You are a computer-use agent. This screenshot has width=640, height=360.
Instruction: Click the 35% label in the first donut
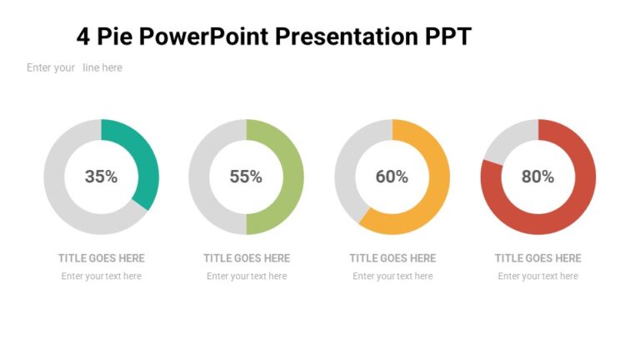point(101,177)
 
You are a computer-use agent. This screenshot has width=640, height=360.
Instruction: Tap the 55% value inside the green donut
point(246,177)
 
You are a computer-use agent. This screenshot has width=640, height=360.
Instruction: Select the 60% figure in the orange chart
point(392,177)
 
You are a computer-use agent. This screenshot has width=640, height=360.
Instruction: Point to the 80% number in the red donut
point(537,177)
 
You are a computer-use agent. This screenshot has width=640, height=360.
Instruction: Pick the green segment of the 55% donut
point(292,177)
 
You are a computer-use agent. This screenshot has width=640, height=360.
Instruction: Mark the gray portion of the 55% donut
point(200,177)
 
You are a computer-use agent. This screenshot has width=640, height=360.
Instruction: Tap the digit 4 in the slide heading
point(82,37)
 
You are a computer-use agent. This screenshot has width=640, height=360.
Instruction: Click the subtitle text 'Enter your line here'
point(74,67)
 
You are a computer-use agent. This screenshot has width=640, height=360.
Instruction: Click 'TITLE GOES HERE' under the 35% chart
point(101,258)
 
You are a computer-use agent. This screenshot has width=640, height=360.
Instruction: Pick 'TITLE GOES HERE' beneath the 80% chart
point(537,258)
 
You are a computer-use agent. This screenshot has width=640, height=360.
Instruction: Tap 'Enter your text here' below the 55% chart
point(246,277)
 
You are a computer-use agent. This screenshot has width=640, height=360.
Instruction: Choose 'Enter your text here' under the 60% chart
point(392,277)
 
